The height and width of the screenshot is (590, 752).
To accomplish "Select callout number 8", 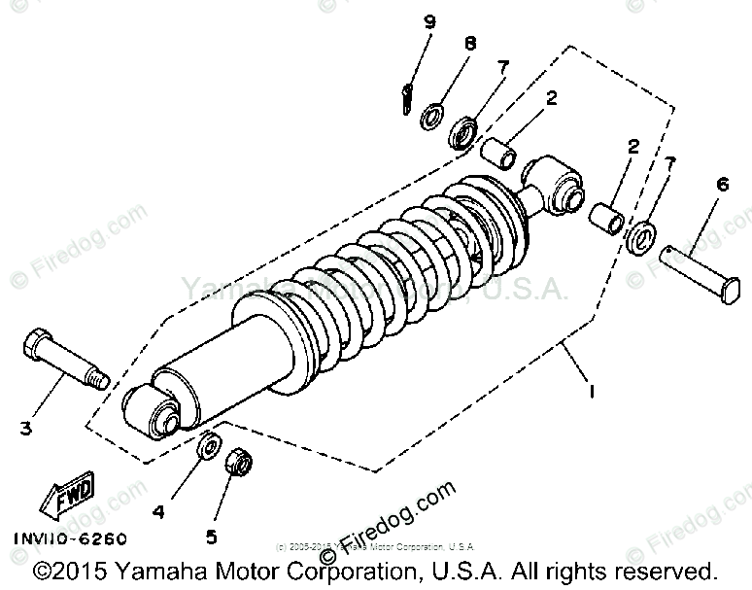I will click(x=470, y=44).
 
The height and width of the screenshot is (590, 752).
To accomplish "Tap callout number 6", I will click(x=722, y=184).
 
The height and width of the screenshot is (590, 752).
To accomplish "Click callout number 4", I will click(x=158, y=508).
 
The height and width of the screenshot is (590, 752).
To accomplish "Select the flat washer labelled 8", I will click(x=432, y=119).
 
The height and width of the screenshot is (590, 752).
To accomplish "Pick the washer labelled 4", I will click(x=207, y=448).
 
